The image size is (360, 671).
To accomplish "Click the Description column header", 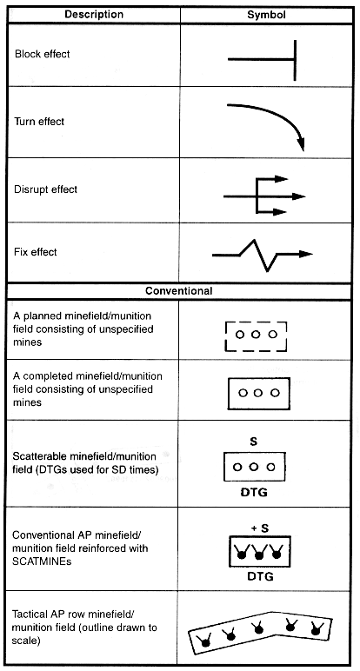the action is (94, 15).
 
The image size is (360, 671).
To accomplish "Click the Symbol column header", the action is (266, 15).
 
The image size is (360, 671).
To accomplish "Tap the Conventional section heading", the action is (178, 291).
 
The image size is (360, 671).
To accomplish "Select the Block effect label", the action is (42, 55).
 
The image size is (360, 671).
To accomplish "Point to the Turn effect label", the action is (39, 122).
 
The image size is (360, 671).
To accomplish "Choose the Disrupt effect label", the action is (45, 189).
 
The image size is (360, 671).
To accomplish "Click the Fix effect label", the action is (35, 252).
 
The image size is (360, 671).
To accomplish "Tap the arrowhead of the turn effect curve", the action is (302, 143).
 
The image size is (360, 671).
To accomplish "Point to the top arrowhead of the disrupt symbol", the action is (280, 179).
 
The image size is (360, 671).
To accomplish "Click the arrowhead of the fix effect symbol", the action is (305, 254).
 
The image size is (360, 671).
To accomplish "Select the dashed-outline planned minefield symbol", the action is (256, 336).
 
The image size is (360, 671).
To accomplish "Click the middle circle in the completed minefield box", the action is (257, 393).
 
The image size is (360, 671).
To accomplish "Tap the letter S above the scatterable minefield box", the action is (253, 442).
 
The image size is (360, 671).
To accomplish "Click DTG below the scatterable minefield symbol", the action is (254, 493).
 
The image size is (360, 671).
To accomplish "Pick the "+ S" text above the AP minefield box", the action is (260, 528).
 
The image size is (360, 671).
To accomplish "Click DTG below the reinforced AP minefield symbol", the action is (260, 576).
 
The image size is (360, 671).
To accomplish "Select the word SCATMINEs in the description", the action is (42, 561).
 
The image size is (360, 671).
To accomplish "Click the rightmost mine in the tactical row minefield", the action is (317, 628).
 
